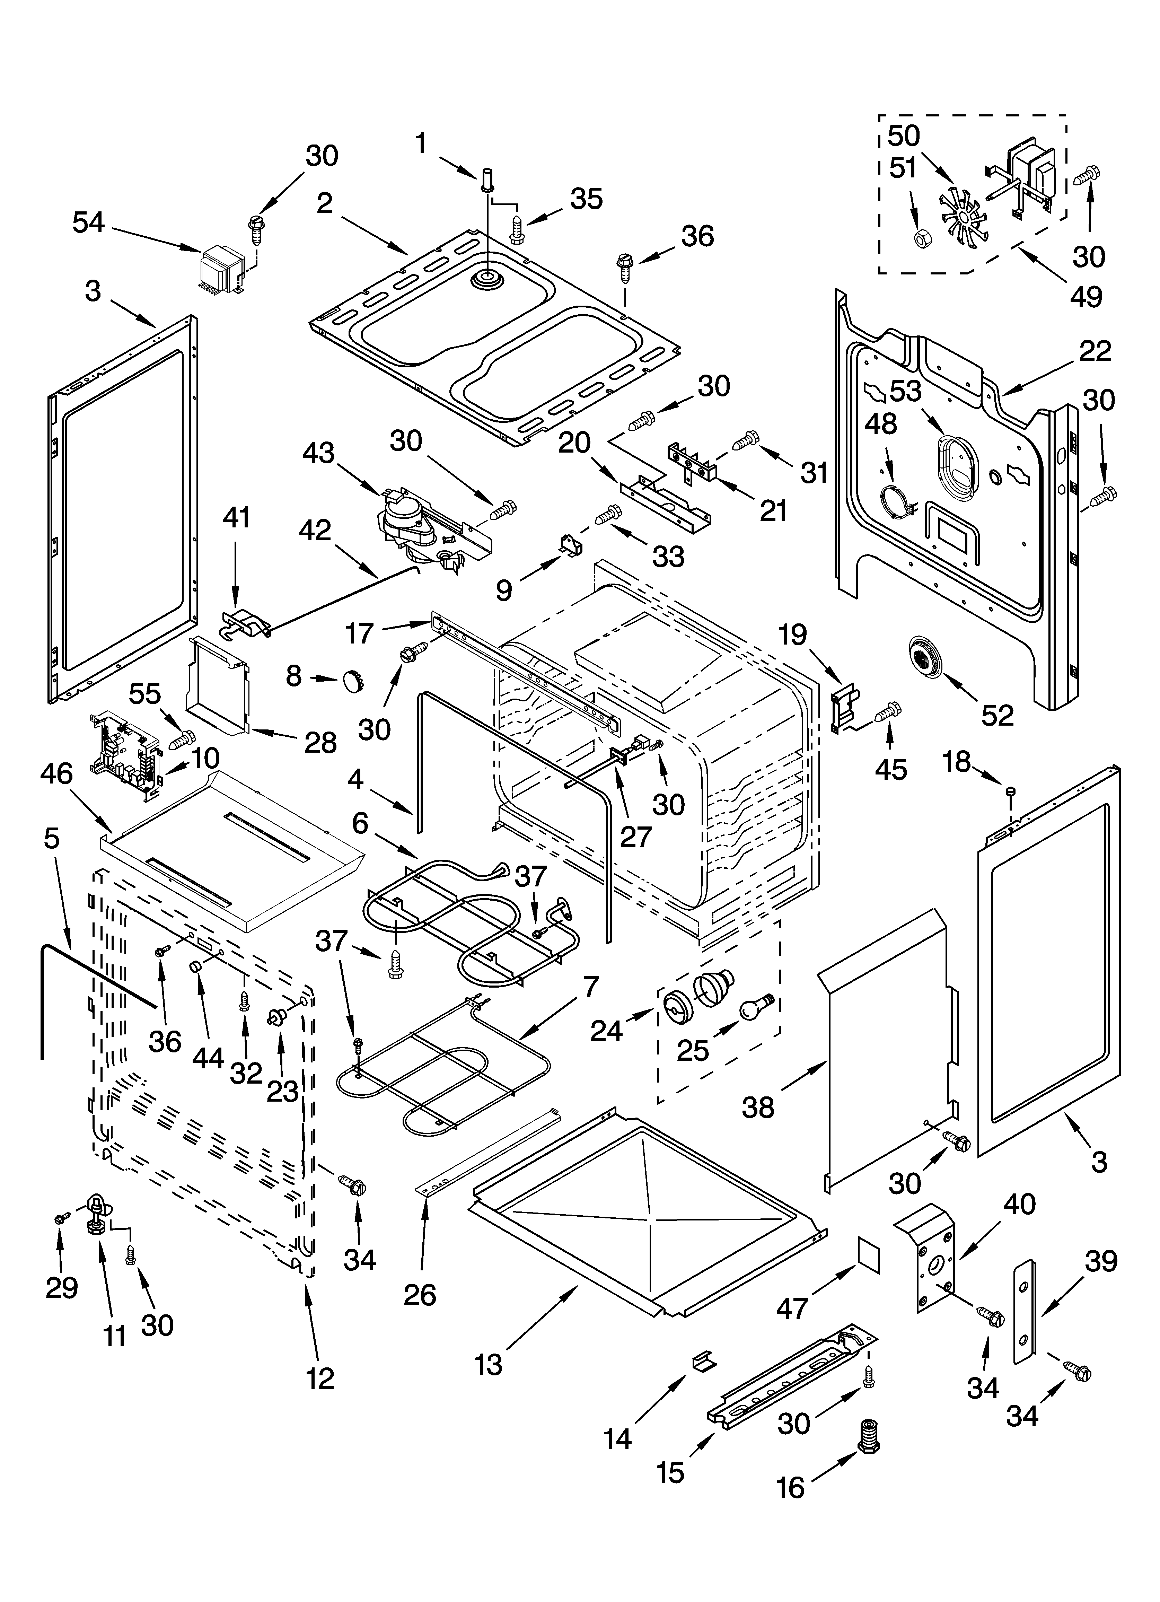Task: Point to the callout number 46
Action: click(x=56, y=773)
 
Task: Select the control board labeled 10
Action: click(x=127, y=759)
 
